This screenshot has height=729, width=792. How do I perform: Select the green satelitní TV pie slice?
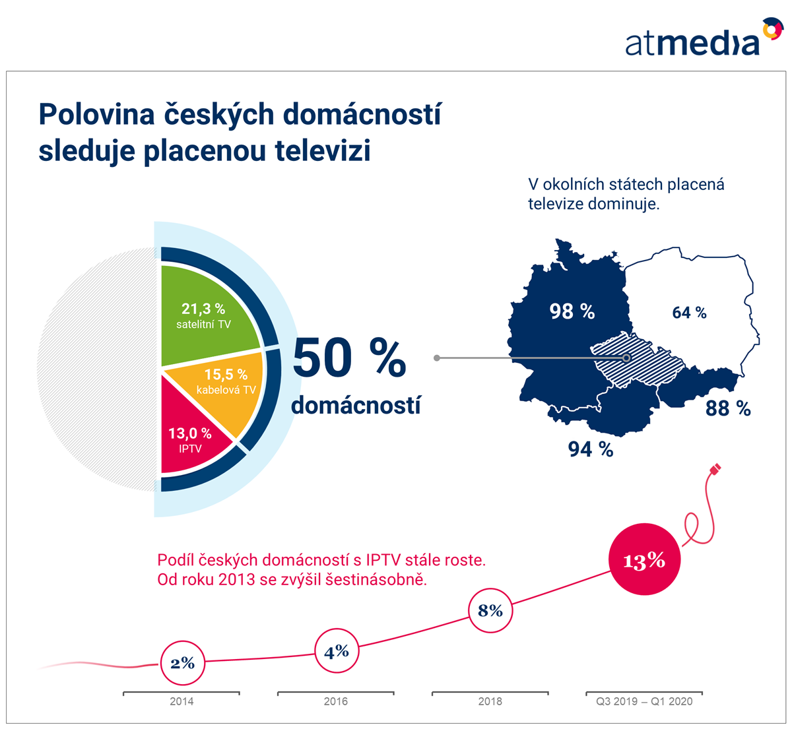point(205,316)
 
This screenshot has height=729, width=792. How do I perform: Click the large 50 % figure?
point(349,358)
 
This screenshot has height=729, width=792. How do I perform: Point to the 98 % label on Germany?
point(572,311)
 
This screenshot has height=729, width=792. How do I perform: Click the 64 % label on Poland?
point(689,313)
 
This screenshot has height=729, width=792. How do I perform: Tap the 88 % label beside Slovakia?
point(728,408)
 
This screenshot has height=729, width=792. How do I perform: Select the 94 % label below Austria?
point(591,449)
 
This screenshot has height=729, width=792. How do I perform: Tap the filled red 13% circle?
point(644,559)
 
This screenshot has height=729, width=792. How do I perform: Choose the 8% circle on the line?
point(490,611)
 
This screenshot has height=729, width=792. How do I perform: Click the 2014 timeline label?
point(181,701)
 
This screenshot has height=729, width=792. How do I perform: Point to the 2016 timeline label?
point(335,701)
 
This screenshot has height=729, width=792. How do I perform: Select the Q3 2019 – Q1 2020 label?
point(644,701)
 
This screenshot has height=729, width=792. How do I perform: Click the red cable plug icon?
point(715,469)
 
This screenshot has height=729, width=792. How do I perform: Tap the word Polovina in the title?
point(97,114)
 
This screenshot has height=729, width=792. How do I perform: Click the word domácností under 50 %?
point(356,405)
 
